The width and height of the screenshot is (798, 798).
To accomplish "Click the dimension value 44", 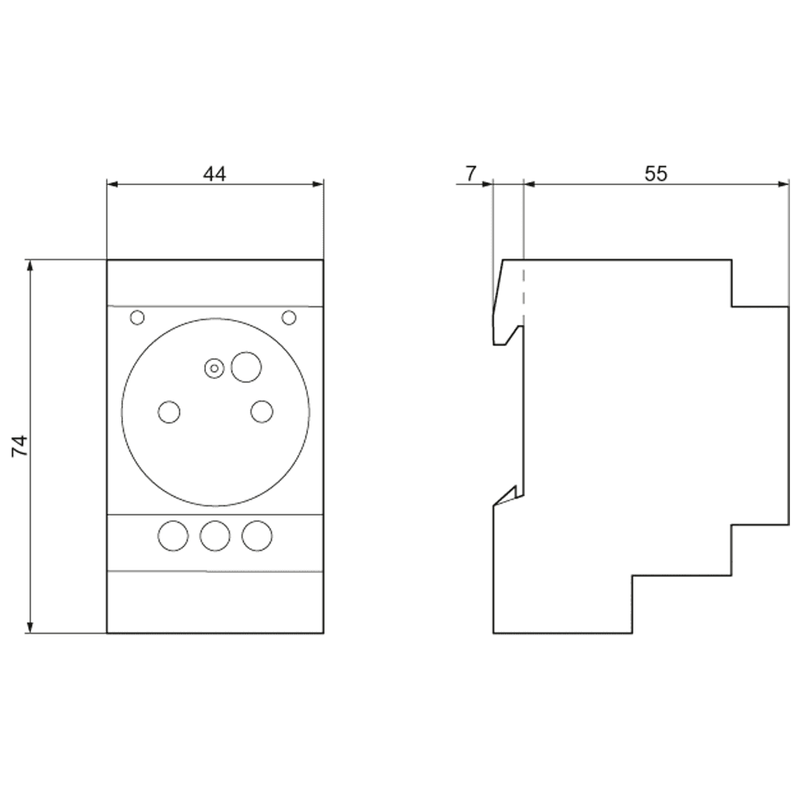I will pyautogui.click(x=214, y=173).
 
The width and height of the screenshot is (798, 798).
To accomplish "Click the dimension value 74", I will pyautogui.click(x=20, y=445).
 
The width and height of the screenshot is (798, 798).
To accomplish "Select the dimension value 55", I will pyautogui.click(x=655, y=173).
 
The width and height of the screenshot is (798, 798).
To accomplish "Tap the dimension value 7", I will pyautogui.click(x=471, y=173).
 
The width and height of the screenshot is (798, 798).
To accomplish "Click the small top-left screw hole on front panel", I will pyautogui.click(x=137, y=318).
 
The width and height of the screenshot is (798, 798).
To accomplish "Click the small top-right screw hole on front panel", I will pyautogui.click(x=289, y=318).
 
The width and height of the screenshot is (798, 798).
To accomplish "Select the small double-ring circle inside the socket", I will pyautogui.click(x=213, y=368).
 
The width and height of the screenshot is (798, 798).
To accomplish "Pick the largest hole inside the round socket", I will pyautogui.click(x=246, y=366).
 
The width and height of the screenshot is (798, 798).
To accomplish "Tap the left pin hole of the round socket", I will pyautogui.click(x=169, y=412).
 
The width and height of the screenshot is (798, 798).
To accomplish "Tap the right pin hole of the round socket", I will pyautogui.click(x=261, y=412).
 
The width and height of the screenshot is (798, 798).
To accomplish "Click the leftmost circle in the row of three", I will pyautogui.click(x=172, y=535).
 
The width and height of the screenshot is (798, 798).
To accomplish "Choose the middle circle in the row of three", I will pyautogui.click(x=215, y=535).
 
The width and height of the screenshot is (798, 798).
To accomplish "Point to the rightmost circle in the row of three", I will pyautogui.click(x=256, y=535).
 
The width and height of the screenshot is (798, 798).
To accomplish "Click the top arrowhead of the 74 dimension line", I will pyautogui.click(x=31, y=266).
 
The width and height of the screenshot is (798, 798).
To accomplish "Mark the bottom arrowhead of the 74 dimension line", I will pyautogui.click(x=31, y=627).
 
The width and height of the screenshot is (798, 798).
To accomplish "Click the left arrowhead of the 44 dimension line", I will pyautogui.click(x=113, y=184).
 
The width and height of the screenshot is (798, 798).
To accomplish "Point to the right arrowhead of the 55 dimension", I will pyautogui.click(x=783, y=184).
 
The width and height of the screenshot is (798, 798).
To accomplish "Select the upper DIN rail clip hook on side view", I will pyautogui.click(x=503, y=327).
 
